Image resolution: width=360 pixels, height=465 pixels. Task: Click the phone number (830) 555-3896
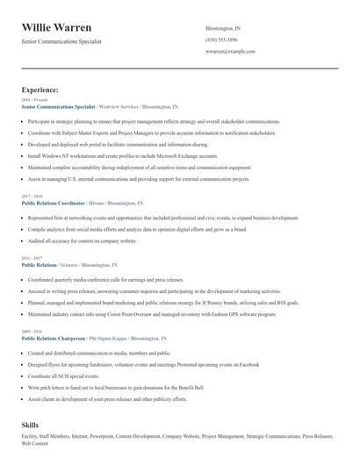coord(220,39)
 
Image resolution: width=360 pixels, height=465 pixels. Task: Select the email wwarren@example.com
coord(229,51)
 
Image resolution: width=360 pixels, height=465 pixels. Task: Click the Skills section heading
coord(31,425)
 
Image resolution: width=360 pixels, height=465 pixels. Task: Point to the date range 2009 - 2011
coord(31,332)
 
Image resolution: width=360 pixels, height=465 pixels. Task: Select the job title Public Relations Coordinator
coord(54,203)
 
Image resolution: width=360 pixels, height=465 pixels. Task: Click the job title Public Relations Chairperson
coord(54,338)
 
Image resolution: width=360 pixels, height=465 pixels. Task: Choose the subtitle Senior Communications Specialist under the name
coord(61,41)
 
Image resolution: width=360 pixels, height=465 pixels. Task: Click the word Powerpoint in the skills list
coord(104,436)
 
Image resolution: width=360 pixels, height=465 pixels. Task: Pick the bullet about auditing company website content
coord(82,240)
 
